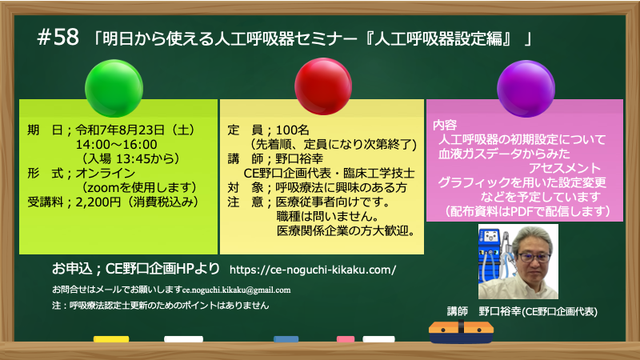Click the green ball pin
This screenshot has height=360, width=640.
(114, 88)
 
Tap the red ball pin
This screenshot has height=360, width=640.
(323, 86)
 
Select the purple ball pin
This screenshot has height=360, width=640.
(526, 89)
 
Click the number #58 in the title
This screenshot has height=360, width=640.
(58, 37)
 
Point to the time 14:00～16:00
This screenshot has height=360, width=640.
(116, 145)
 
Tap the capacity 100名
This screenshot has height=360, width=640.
(292, 130)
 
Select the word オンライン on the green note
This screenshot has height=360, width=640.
(106, 173)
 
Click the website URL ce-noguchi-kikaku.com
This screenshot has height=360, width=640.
(313, 270)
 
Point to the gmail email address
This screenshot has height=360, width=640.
(236, 290)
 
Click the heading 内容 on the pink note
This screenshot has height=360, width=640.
(445, 125)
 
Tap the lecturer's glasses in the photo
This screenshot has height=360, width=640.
(534, 257)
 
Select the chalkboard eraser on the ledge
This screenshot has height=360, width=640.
(461, 331)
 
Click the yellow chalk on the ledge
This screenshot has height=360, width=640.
(111, 338)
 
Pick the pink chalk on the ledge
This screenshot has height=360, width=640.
(346, 338)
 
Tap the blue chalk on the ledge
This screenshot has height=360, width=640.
(286, 338)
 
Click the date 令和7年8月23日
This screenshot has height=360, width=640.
(120, 130)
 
